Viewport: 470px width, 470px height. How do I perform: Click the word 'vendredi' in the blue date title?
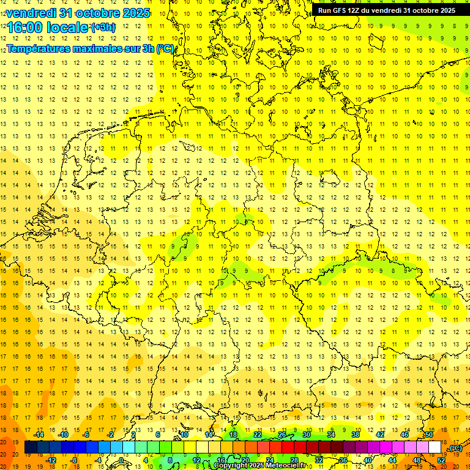(31, 13)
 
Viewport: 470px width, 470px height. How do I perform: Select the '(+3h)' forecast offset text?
(102, 28)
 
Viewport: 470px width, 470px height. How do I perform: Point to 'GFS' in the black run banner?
(338, 10)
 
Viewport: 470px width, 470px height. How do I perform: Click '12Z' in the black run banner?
(355, 10)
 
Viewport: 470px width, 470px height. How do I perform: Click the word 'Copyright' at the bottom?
(230, 466)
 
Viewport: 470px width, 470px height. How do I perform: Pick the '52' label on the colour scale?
(441, 460)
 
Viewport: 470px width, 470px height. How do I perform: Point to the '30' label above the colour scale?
(307, 435)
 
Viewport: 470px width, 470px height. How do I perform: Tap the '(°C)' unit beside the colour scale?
(455, 448)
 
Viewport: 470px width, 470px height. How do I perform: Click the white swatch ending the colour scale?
(435, 447)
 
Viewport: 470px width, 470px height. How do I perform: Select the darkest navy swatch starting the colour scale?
(31, 447)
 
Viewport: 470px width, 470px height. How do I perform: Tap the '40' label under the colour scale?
(368, 460)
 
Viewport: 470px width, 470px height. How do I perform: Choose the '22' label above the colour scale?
(258, 435)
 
